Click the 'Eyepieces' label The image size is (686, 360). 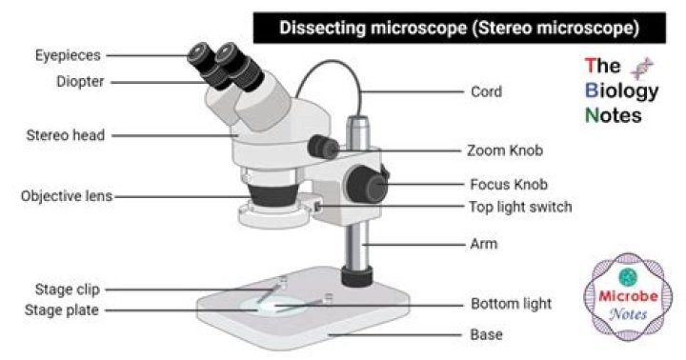pos(69,56)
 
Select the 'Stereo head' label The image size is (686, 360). pos(65,135)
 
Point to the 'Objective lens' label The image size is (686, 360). pos(67,197)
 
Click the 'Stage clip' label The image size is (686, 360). pos(68,289)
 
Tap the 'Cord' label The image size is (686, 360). pos(487,92)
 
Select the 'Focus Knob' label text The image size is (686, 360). pos(508,184)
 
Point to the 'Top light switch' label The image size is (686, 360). pos(519,207)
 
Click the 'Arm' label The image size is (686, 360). pos(483,245)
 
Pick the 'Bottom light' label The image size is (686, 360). pos(511,305)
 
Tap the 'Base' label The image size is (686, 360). pos(486,335)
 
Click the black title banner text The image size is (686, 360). pos(458,28)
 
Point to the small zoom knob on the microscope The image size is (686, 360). pos(324,147)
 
